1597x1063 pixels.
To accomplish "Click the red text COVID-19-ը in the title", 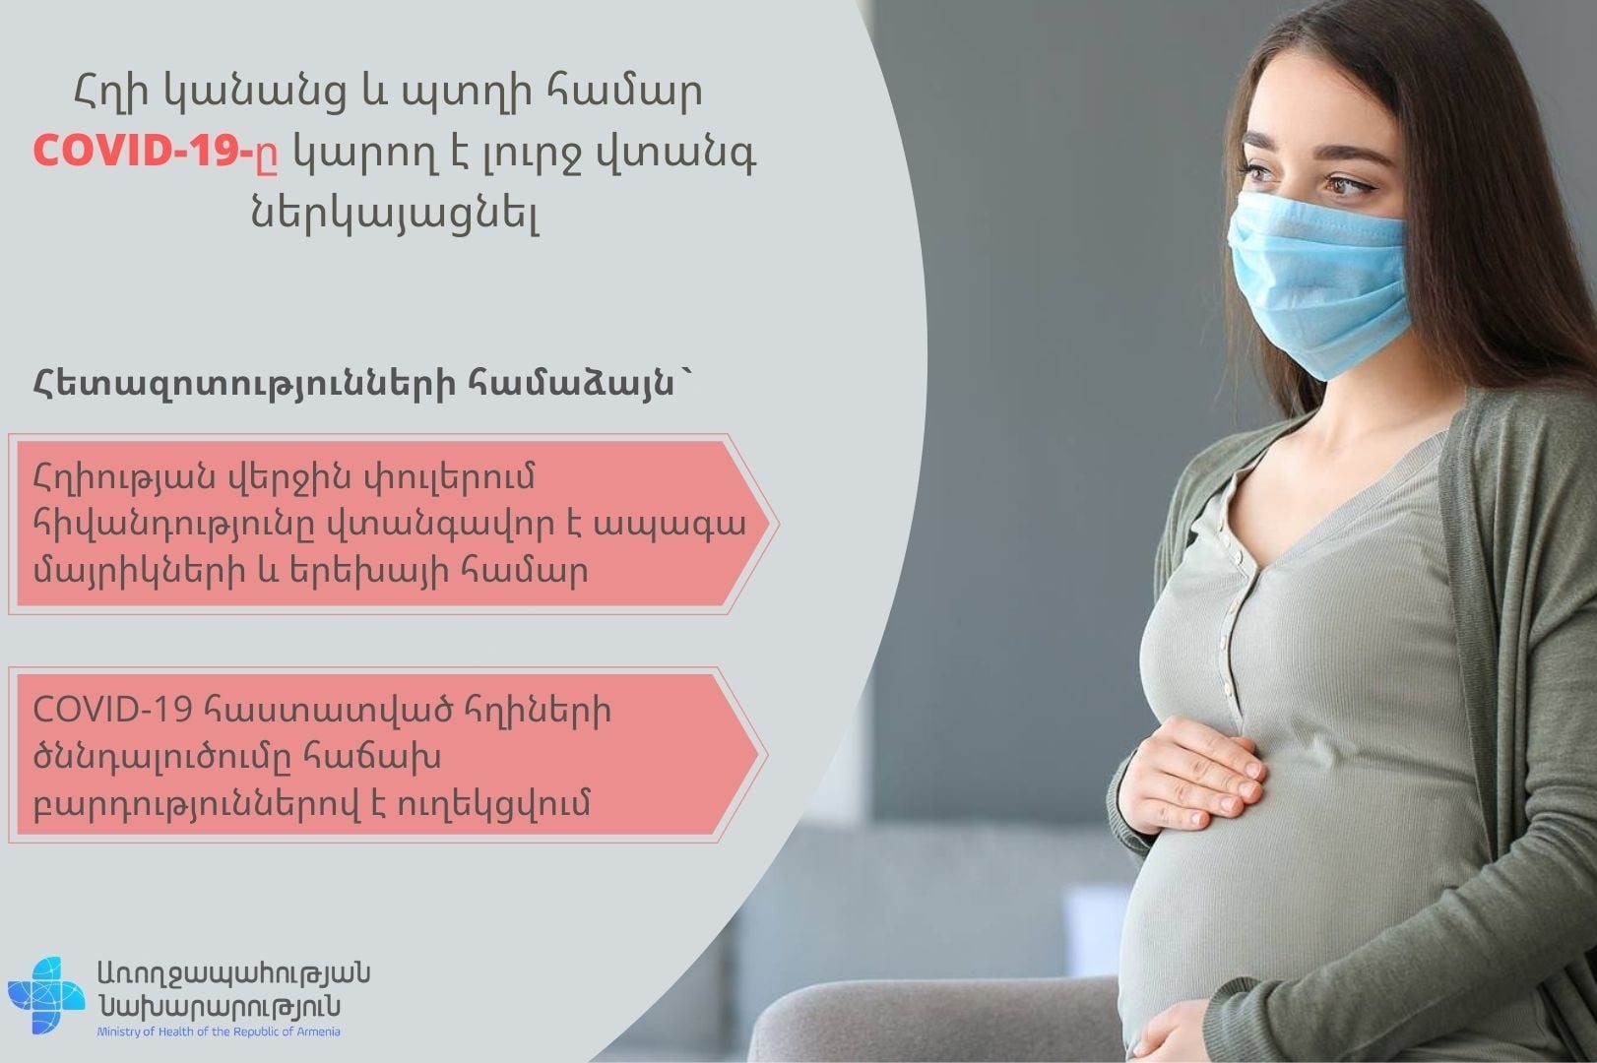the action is point(156,152).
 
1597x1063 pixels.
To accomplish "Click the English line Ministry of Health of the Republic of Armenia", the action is point(219,1032).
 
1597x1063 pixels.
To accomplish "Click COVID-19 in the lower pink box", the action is point(112,710).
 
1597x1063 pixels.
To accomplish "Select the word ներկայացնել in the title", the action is point(394,213).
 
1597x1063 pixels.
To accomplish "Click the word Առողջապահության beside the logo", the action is point(234,973).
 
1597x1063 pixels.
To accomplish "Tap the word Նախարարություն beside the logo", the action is point(219,1006).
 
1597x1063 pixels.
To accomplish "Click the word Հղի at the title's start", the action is point(112,93).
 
